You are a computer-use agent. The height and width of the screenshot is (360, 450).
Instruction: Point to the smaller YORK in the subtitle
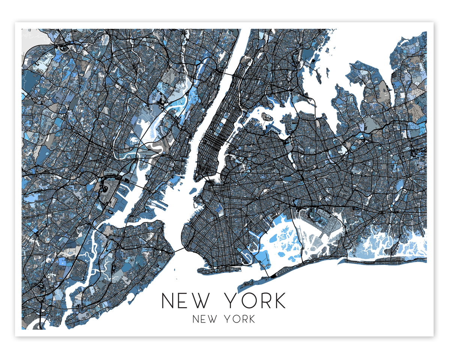tap(240, 319)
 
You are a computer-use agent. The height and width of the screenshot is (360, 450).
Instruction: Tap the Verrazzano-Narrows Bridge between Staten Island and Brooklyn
tap(178, 250)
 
